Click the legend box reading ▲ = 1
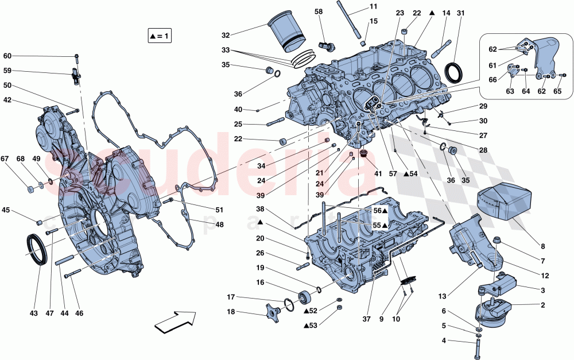point(160,36)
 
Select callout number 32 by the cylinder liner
point(225,34)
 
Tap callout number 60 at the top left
point(7,56)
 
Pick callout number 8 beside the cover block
point(542,246)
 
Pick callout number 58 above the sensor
point(319,11)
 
